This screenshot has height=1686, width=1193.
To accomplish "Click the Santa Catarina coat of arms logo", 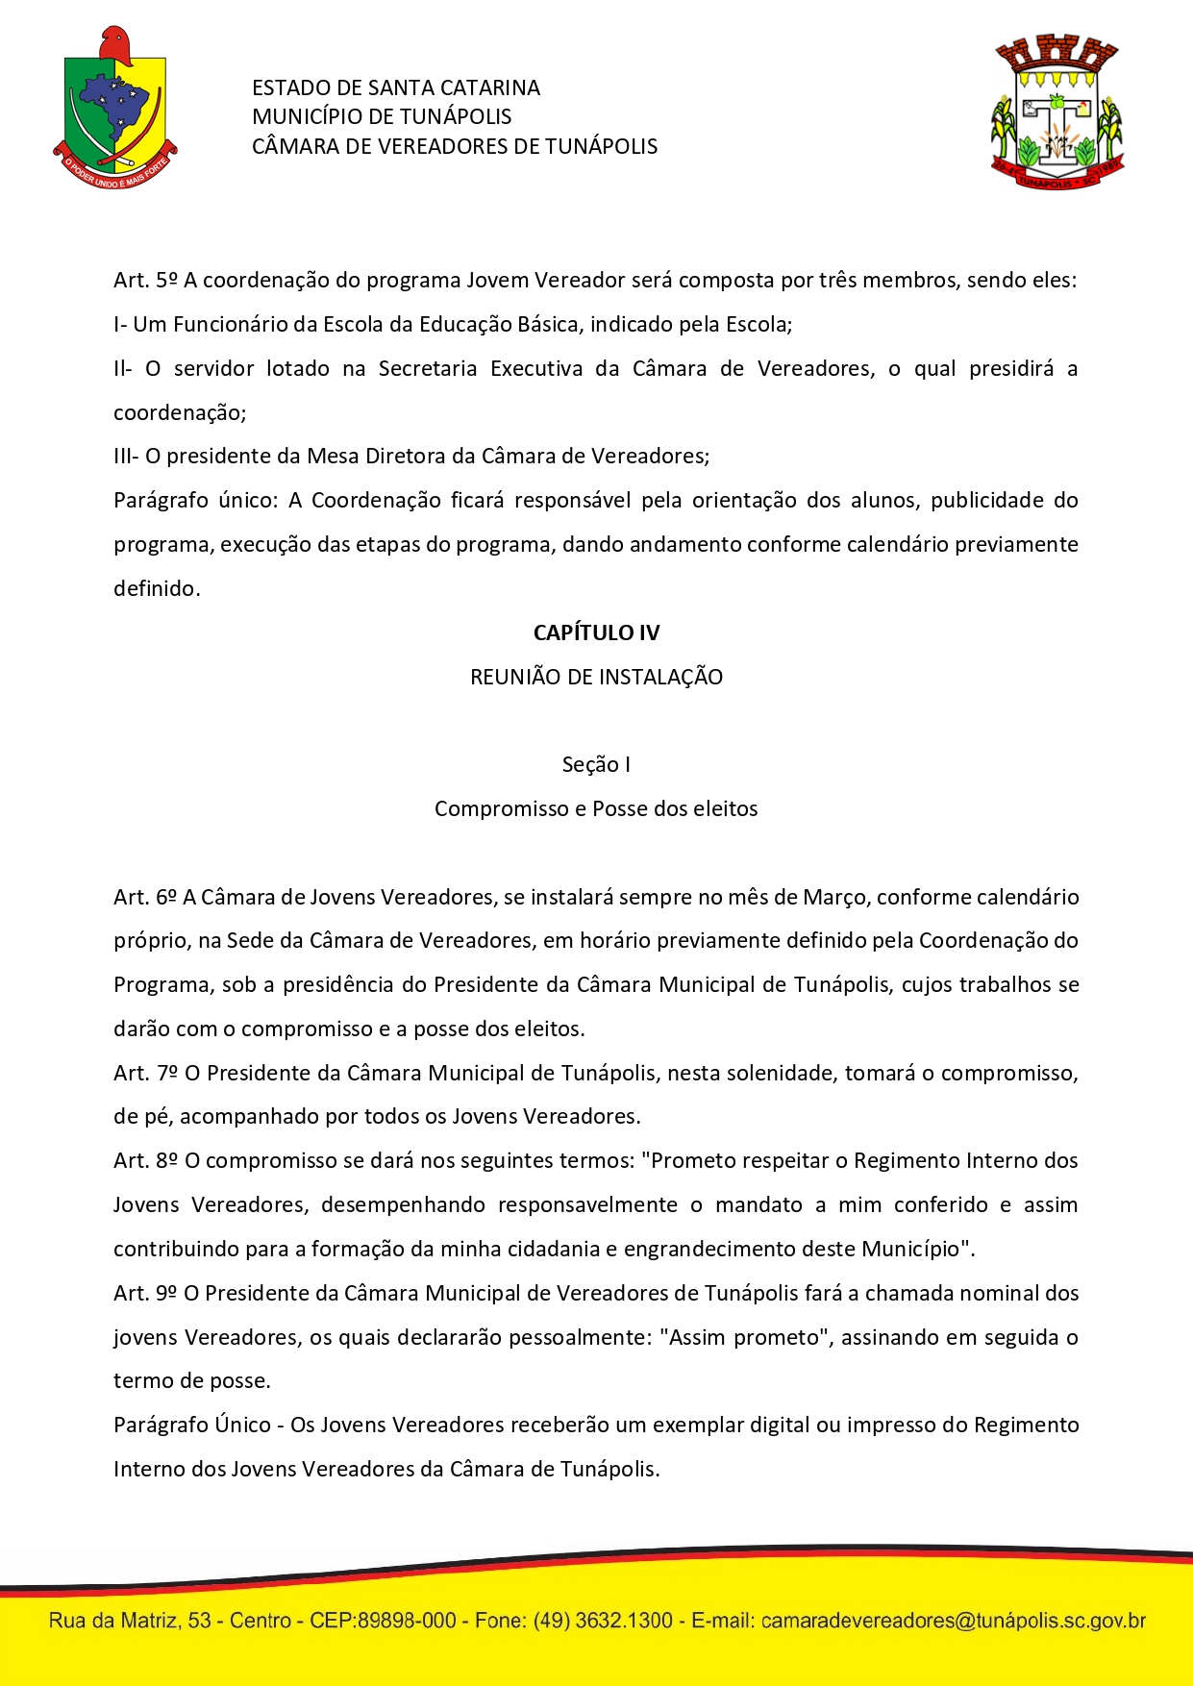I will pyautogui.click(x=115, y=108).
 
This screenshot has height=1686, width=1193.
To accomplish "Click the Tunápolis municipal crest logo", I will pyautogui.click(x=1056, y=112).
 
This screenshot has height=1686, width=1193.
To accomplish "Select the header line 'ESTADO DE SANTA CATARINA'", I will pyautogui.click(x=395, y=88).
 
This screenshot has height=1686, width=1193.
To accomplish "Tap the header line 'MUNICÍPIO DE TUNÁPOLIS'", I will pyautogui.click(x=382, y=117).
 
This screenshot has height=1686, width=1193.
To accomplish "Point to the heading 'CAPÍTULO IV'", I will pyautogui.click(x=596, y=632).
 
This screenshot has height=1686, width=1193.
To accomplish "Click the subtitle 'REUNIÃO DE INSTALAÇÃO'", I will pyautogui.click(x=596, y=677).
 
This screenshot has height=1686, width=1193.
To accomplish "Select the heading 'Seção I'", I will pyautogui.click(x=596, y=764).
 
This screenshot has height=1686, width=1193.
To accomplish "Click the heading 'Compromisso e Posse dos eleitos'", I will pyautogui.click(x=596, y=808).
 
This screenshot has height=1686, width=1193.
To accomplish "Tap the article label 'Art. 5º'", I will pyautogui.click(x=145, y=281).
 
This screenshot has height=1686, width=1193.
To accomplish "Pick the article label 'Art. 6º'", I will pyautogui.click(x=145, y=897).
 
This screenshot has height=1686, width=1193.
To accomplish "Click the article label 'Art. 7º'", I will pyautogui.click(x=145, y=1073).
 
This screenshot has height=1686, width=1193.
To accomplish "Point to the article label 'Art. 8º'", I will pyautogui.click(x=145, y=1160).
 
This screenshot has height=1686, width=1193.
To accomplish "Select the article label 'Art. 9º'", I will pyautogui.click(x=145, y=1293).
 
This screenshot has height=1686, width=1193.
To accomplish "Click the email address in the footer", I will pyautogui.click(x=953, y=1621).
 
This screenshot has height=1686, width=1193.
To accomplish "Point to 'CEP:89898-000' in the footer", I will pyautogui.click(x=383, y=1621).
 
